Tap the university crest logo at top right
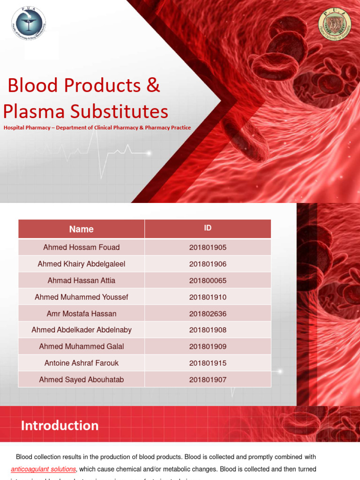[x=334, y=25]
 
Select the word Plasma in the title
[x=34, y=112]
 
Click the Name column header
[x=81, y=229]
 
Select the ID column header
[x=208, y=228]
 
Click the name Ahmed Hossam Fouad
[x=81, y=247]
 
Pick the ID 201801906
[x=208, y=264]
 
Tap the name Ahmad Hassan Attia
[x=81, y=280]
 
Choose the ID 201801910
[x=208, y=297]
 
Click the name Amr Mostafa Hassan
[x=81, y=314]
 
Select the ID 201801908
[x=208, y=330]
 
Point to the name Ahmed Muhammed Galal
[x=81, y=346]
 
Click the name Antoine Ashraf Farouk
[x=81, y=363]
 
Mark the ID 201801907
[x=208, y=380]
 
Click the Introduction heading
[x=60, y=426]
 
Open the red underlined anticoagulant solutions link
[x=43, y=469]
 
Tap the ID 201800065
[x=208, y=280]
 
